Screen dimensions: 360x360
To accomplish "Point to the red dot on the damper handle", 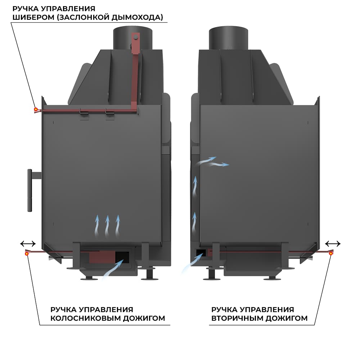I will point(36,109).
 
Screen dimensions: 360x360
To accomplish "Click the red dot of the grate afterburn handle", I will point(27,253).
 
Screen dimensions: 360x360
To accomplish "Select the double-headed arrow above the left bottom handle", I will point(28,244).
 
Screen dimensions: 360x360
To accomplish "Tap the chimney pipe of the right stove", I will point(228,38).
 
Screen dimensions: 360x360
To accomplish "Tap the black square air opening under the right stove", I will point(201,251).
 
